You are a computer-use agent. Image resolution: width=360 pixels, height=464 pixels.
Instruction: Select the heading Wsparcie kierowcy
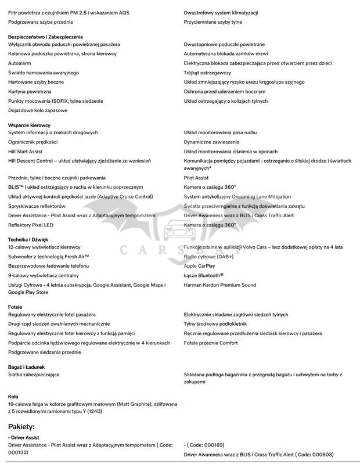coord(29,125)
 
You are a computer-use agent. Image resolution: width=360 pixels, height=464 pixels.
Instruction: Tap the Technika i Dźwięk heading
coord(28,239)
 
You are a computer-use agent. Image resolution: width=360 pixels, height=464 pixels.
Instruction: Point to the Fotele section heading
coord(15,306)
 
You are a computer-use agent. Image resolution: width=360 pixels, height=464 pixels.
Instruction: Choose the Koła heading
coord(13,397)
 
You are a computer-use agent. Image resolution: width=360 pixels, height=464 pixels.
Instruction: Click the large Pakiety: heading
coord(26,426)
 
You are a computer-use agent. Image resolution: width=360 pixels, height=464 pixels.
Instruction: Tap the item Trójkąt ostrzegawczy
coord(207,73)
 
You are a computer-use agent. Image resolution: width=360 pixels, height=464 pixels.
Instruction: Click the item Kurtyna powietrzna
coord(30,91)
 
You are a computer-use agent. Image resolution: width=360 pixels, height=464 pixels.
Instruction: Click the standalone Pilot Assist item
coord(196,178)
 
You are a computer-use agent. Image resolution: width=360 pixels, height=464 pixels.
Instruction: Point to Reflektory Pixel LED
coord(31,225)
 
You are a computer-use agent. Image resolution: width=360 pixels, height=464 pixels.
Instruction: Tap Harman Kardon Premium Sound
coord(219,285)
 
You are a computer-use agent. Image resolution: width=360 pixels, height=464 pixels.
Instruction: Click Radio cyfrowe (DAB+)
coord(208,256)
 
